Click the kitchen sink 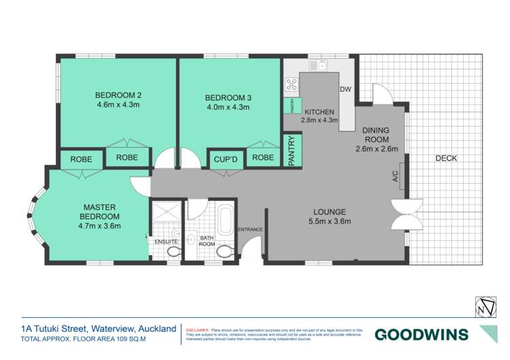(x=317, y=66)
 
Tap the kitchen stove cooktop (x=291, y=84)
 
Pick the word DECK (x=446, y=159)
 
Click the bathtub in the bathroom (x=224, y=222)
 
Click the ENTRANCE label (x=249, y=229)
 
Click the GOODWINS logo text (x=421, y=334)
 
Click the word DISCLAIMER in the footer (x=200, y=327)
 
